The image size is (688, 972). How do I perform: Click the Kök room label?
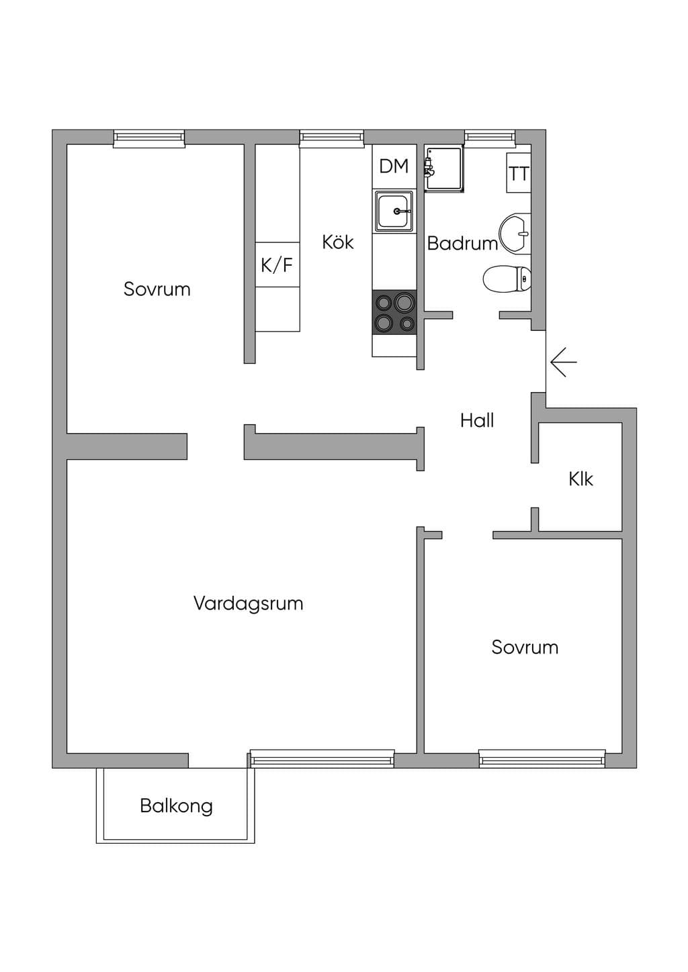point(337,242)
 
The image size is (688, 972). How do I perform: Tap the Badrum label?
point(462,243)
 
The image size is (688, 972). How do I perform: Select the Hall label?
point(477,420)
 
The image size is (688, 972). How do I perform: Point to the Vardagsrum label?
point(248,603)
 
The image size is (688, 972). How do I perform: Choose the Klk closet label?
point(580,479)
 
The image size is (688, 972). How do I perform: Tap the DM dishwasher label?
point(394,166)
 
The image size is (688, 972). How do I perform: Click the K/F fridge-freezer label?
point(277,264)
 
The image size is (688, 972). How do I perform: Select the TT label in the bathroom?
point(519,174)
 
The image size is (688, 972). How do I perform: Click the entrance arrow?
point(563,361)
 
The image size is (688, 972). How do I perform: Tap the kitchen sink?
point(394,211)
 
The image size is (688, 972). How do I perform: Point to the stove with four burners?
point(394,312)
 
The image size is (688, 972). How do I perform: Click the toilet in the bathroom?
point(507,278)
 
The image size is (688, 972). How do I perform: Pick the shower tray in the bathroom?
point(443,168)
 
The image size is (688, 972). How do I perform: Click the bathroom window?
point(490,136)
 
